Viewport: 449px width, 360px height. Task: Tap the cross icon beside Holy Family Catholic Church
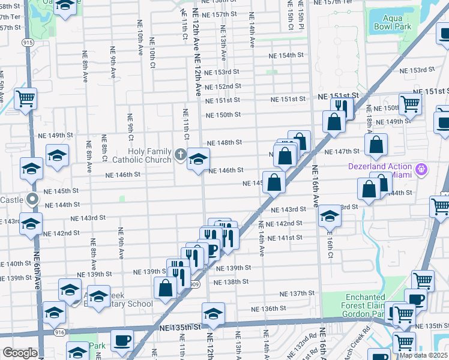click(179, 155)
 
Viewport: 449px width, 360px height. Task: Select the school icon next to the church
click(198, 159)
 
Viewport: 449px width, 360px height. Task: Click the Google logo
click(20, 353)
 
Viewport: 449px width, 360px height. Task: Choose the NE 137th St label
click(297, 293)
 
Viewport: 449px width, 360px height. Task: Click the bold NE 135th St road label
click(179, 328)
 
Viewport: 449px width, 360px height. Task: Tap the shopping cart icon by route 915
click(26, 98)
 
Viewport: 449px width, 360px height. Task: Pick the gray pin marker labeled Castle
click(32, 199)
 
